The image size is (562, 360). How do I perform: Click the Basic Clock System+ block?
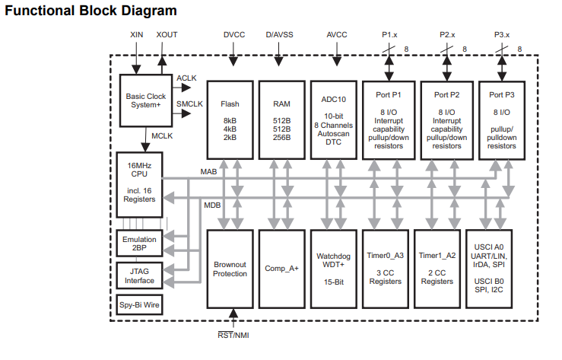pos(146,101)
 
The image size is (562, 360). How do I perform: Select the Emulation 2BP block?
pos(138,244)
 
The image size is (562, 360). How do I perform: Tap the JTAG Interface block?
pos(138,276)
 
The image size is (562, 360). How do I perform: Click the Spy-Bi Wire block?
pos(138,307)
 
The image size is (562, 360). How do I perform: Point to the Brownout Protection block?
pos(230,268)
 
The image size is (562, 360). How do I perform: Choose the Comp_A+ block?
pos(281,268)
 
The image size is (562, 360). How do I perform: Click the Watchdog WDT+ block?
pos(334,268)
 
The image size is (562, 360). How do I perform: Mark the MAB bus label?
pos(209,173)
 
